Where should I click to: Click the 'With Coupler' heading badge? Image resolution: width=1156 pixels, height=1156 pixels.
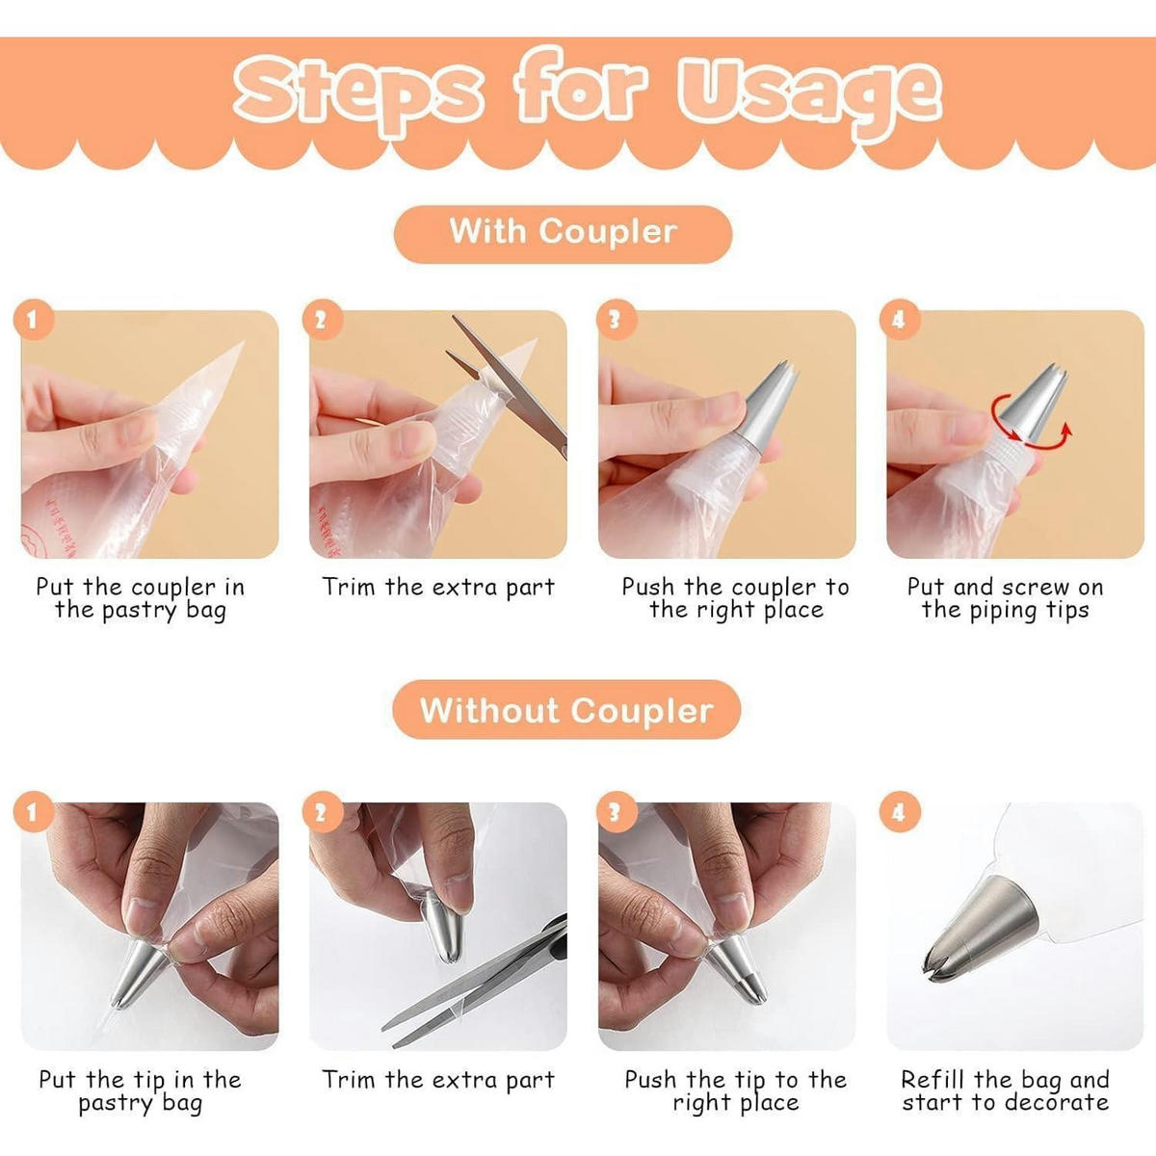click(x=563, y=234)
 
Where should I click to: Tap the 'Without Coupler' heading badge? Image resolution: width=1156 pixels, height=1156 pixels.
click(x=566, y=709)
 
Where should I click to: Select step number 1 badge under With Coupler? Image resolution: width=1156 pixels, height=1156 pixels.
click(x=34, y=319)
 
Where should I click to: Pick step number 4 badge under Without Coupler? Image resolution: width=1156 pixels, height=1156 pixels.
click(x=899, y=812)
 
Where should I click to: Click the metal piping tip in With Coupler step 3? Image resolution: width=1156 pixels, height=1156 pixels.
click(x=771, y=407)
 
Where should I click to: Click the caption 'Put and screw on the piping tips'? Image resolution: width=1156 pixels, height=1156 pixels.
click(x=1005, y=598)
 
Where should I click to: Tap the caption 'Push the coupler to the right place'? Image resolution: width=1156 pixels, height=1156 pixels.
click(x=735, y=598)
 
